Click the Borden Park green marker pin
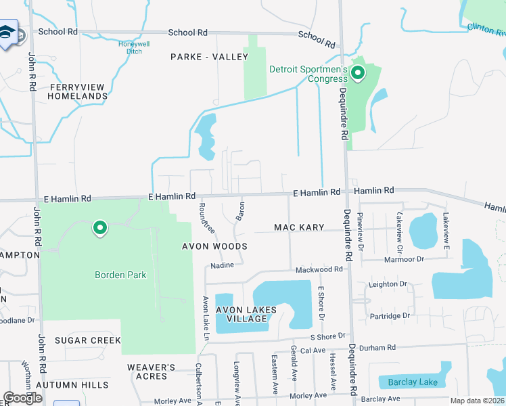[100, 228]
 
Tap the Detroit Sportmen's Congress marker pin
[358, 72]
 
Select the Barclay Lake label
[413, 382]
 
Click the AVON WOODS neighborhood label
[214, 246]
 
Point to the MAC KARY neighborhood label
[299, 227]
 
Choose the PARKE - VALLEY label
[209, 57]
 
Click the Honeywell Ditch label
[133, 47]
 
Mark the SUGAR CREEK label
[87, 340]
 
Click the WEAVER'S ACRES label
[152, 371]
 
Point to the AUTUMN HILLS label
[72, 385]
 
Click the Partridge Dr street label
[390, 316]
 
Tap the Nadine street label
[221, 267]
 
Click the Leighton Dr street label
[392, 284]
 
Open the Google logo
[22, 398]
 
